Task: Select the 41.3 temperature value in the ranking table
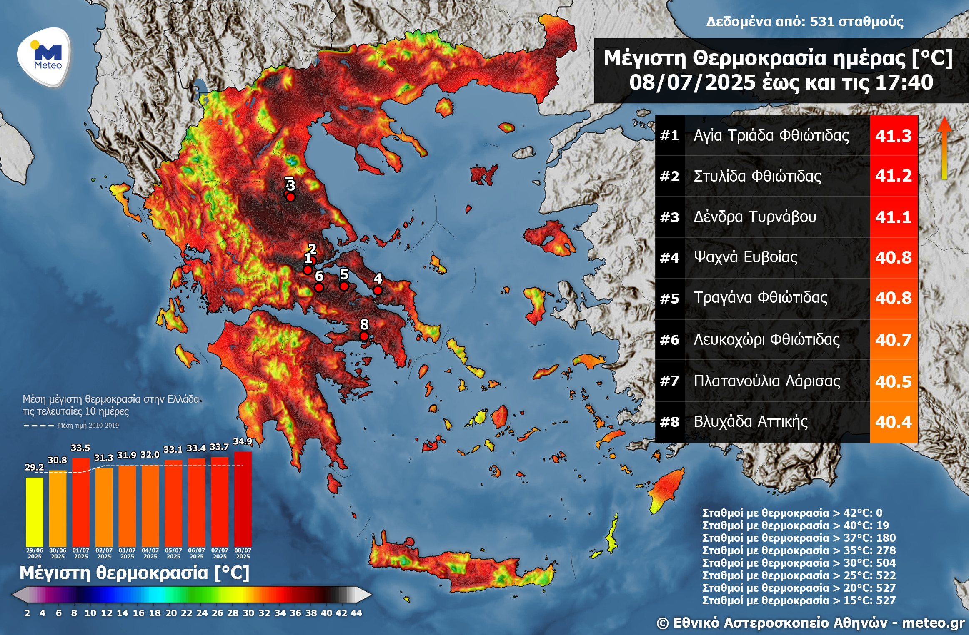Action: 893,136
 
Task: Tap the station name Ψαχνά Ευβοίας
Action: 745,257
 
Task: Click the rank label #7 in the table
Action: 669,381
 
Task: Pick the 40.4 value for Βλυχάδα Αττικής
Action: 893,422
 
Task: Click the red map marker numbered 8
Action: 364,336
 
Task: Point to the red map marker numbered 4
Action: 378,290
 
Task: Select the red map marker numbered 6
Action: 319,288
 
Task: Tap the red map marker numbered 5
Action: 344,286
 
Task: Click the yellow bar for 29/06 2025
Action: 35,512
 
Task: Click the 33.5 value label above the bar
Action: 80,448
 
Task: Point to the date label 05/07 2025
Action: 173,553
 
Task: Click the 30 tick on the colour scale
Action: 248,613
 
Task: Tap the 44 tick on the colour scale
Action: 356,613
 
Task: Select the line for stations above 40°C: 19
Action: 795,525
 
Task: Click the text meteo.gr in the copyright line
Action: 933,623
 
